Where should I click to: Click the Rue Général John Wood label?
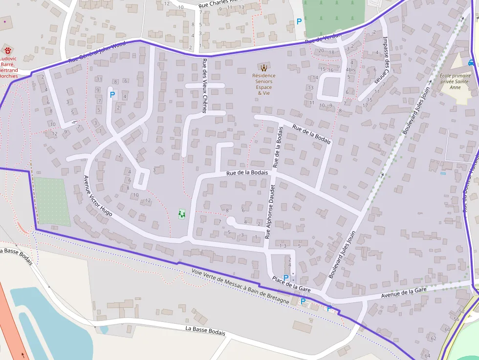[x=97, y=53]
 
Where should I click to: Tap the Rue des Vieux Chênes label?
[x=204, y=86]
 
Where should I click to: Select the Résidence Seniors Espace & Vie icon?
[x=263, y=67]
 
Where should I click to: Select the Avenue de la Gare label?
[x=404, y=294]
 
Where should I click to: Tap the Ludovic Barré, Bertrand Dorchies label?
[x=8, y=67]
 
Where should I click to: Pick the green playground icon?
[x=182, y=213]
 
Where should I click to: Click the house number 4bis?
[x=350, y=69]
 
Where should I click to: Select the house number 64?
[x=427, y=356]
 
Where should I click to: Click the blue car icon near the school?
[x=471, y=62]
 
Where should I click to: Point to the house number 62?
[x=433, y=338]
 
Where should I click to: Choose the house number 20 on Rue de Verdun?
[x=321, y=51]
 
